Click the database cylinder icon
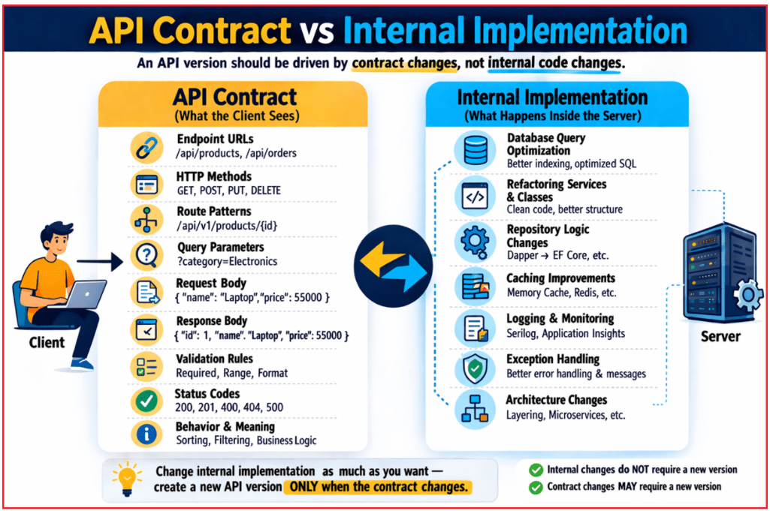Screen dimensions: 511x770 pyautogui.click(x=475, y=150)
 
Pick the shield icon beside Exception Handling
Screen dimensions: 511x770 pyautogui.click(x=475, y=368)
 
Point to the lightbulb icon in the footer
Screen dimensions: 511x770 pyautogui.click(x=126, y=478)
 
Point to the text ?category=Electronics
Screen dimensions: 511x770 pyautogui.click(x=227, y=262)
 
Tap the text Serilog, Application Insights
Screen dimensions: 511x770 pyautogui.click(x=566, y=333)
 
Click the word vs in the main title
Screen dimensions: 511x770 pyautogui.click(x=316, y=32)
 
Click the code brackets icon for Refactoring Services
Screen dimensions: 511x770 pyautogui.click(x=475, y=197)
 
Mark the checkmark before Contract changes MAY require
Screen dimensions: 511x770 pyautogui.click(x=536, y=488)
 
